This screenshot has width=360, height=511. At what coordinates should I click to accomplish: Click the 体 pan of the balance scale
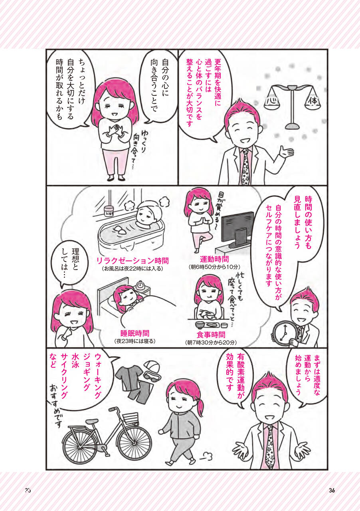coord(313,100)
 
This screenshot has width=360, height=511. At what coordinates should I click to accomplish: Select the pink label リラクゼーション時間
coord(133,261)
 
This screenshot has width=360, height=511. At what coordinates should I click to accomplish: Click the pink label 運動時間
coord(214,259)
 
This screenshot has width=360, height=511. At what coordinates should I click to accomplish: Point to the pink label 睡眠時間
coord(135,333)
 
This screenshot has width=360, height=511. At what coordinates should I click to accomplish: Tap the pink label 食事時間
coord(211,335)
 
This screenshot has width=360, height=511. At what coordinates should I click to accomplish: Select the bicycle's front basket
coord(131,418)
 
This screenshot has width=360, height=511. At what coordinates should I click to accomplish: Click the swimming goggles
coord(153,378)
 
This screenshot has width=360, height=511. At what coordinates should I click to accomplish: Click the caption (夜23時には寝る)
coord(135,341)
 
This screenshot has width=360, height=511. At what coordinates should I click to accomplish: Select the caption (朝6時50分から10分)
coord(214,267)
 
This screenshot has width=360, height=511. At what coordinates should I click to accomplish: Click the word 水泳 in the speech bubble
coord(75,361)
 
